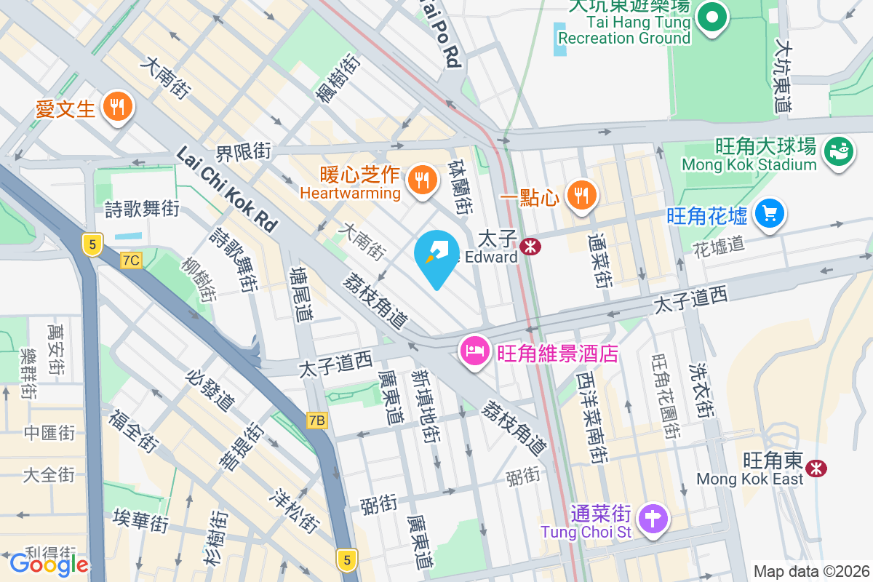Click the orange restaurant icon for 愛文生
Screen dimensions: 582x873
pyautogui.click(x=116, y=108)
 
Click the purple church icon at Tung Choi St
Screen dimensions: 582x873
pyautogui.click(x=653, y=519)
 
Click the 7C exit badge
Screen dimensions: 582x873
pyautogui.click(x=131, y=260)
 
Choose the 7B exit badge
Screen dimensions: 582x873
pyautogui.click(x=316, y=420)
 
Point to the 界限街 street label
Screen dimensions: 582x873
pyautogui.click(x=243, y=152)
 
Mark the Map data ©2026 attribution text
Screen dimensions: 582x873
pyautogui.click(x=810, y=571)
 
